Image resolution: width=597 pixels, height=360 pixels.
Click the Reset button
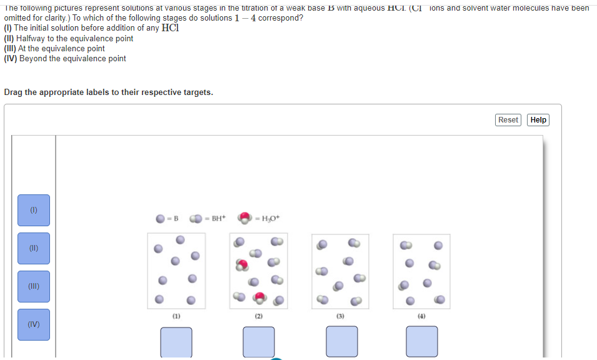coord(508,120)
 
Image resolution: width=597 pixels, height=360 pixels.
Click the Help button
coord(538,120)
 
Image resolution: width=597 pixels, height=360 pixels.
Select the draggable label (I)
coord(34,210)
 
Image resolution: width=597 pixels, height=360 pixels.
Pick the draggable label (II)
coord(34,248)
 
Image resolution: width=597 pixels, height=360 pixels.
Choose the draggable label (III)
coord(34,286)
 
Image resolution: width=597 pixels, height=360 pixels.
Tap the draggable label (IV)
coord(34,324)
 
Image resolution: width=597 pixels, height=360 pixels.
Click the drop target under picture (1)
coord(176,342)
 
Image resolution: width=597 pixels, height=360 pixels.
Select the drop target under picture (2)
coord(259,342)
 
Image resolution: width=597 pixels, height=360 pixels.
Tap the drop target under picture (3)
coord(341,342)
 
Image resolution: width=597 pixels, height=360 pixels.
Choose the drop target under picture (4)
coord(422,342)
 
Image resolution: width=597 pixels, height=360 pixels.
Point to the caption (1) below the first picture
coord(176,317)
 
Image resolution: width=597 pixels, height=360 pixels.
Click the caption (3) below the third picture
coord(341,317)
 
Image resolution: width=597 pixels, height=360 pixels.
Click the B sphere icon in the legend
coord(161,219)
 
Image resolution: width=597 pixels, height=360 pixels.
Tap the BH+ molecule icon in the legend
coord(196,219)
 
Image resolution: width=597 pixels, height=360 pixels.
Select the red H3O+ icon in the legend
coord(244,218)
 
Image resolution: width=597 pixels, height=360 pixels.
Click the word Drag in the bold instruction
coord(14,92)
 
